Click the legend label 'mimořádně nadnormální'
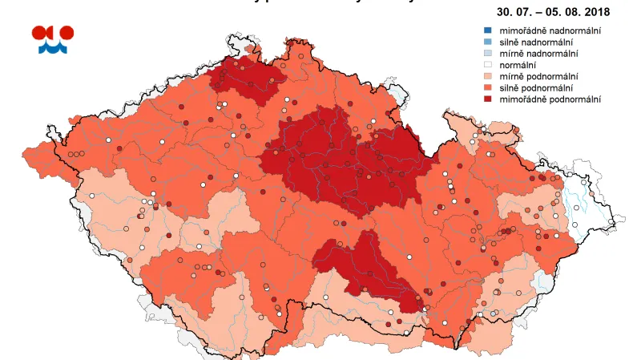click(x=550, y=30)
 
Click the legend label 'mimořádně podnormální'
click(x=550, y=99)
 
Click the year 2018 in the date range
click(x=596, y=12)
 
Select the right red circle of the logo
click(x=67, y=33)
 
